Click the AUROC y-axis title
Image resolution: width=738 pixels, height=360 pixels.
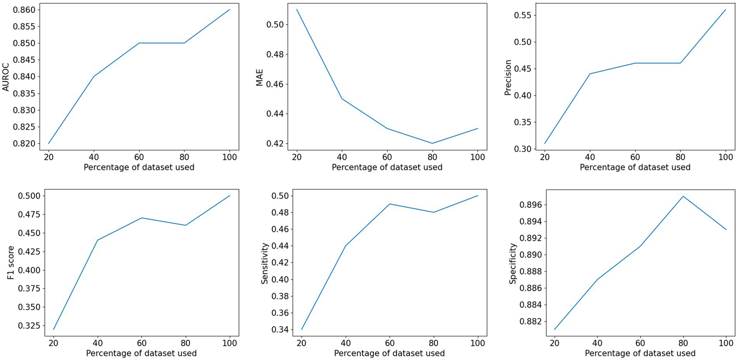pos(6,76)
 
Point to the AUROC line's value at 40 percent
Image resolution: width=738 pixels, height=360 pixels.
pos(94,76)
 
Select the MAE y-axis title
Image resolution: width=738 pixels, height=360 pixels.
pos(259,76)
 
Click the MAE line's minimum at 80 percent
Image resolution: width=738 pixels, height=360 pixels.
pos(432,143)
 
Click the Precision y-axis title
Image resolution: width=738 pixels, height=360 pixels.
pos(508,76)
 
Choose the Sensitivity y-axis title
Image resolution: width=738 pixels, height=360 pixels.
pos(264,262)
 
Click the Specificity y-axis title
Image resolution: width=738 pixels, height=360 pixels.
pos(513,262)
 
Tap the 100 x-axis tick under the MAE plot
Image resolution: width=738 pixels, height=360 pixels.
pos(477,156)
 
